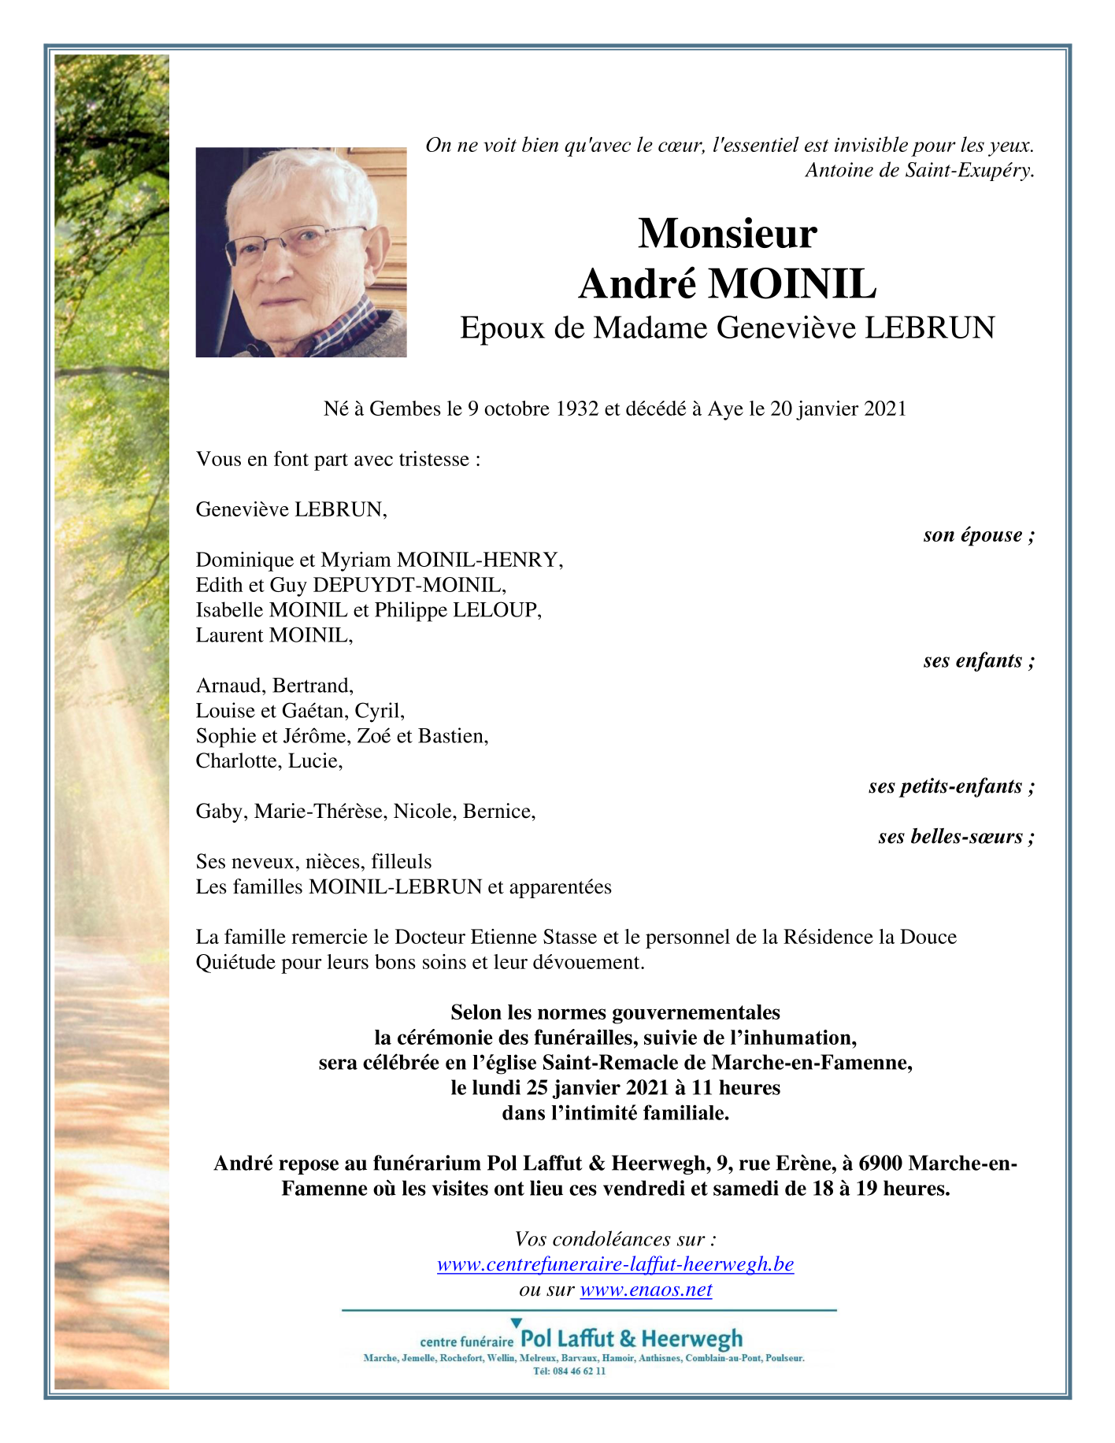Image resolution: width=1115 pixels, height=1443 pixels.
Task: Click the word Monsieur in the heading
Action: [727, 234]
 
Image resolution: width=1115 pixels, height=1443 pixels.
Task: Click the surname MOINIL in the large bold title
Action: [791, 284]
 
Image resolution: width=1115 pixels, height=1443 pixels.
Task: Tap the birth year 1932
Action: [576, 409]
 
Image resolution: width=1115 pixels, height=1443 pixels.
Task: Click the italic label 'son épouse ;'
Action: [978, 535]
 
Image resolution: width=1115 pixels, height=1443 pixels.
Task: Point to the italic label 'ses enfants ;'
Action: [978, 660]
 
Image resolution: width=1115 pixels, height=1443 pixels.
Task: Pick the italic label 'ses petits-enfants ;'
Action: [951, 786]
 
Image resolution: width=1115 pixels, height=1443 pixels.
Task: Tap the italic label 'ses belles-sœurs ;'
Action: [956, 837]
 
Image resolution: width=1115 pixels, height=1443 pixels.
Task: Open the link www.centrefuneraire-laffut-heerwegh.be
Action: [615, 1264]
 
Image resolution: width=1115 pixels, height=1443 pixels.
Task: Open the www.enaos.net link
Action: [646, 1289]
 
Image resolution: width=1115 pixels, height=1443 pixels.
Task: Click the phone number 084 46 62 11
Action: [578, 1371]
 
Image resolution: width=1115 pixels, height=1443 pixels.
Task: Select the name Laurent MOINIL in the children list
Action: [274, 635]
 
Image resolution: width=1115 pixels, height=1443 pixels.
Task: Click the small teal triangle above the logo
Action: [517, 1323]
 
